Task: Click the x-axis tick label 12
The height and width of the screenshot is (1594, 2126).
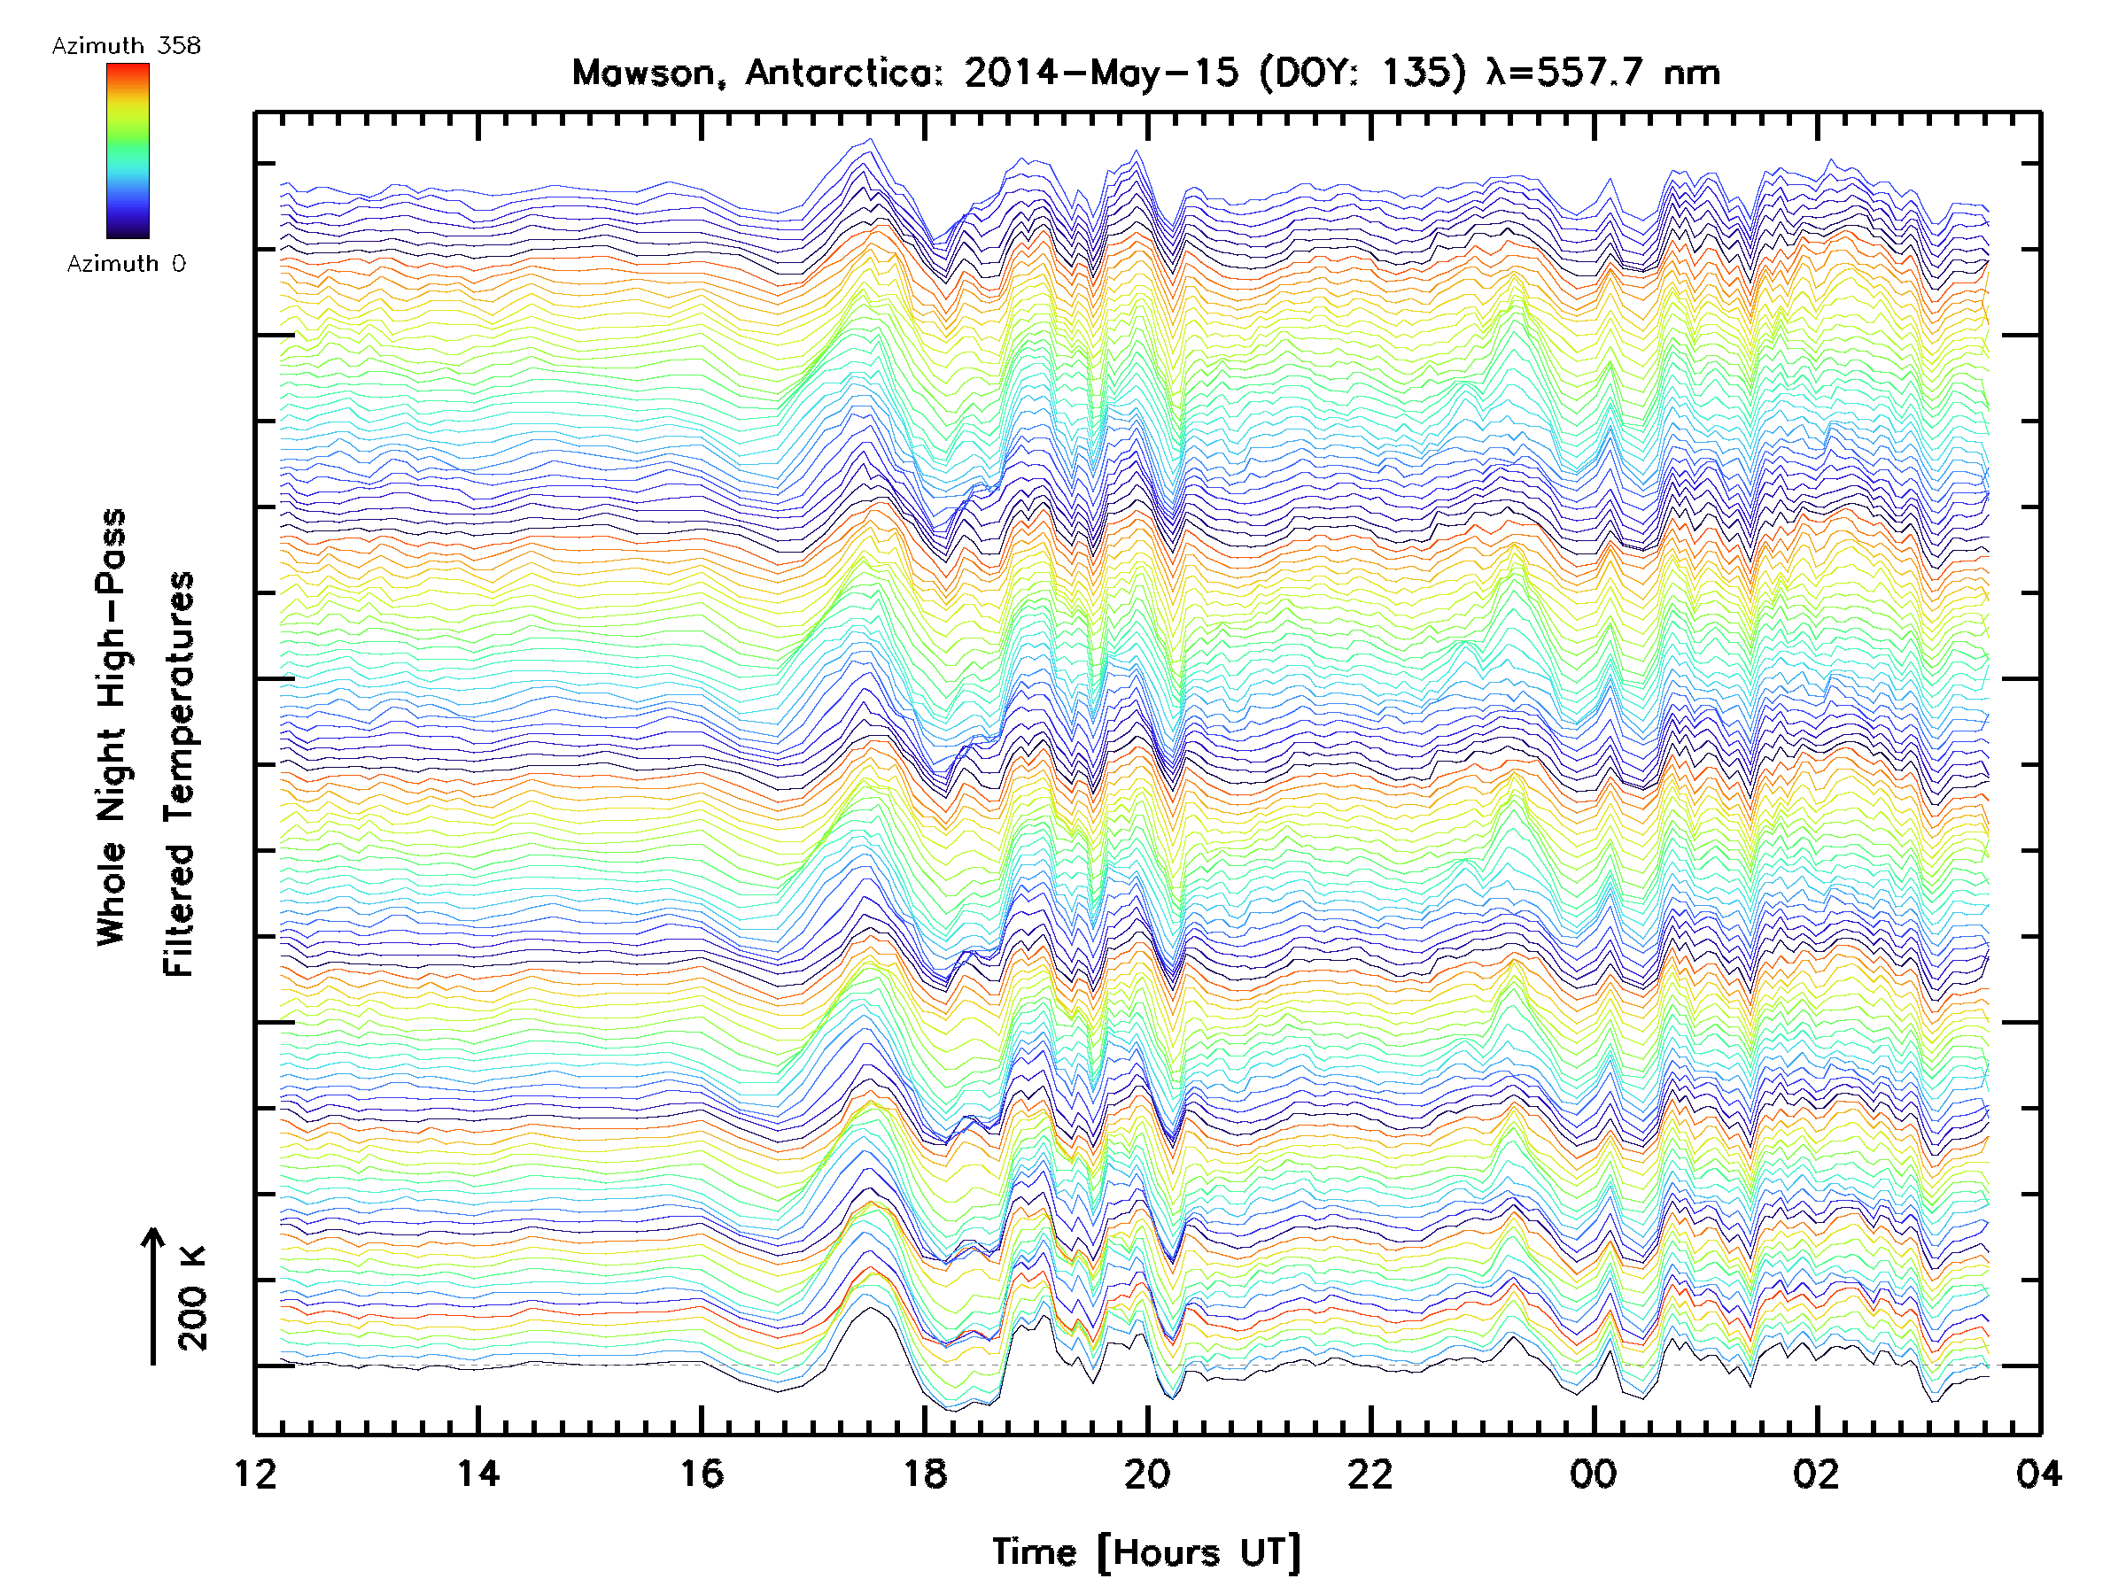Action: pyautogui.click(x=255, y=1473)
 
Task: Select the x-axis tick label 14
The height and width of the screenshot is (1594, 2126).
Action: pyautogui.click(x=477, y=1473)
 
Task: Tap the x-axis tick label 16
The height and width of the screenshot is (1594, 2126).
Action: pyautogui.click(x=702, y=1473)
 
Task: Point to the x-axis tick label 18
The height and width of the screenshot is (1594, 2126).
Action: pyautogui.click(x=925, y=1473)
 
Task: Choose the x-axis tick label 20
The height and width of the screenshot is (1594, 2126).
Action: pyautogui.click(x=1146, y=1473)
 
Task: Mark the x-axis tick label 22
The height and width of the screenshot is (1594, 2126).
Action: pyautogui.click(x=1370, y=1473)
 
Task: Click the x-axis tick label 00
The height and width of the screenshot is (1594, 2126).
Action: pyautogui.click(x=1593, y=1473)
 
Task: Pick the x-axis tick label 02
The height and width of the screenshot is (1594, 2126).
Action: pyautogui.click(x=1817, y=1473)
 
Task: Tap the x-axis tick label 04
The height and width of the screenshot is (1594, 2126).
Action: pyautogui.click(x=2038, y=1473)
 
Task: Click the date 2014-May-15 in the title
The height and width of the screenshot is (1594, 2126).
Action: pyautogui.click(x=1100, y=73)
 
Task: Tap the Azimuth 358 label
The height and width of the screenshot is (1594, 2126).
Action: pyautogui.click(x=126, y=46)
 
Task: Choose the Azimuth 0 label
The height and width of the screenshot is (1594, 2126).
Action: pyautogui.click(x=126, y=263)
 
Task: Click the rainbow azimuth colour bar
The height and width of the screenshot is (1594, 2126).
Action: pyautogui.click(x=128, y=151)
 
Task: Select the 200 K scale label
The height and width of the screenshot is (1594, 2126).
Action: pyautogui.click(x=192, y=1298)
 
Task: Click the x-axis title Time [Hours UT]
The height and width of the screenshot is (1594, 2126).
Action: pyautogui.click(x=1145, y=1552)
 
